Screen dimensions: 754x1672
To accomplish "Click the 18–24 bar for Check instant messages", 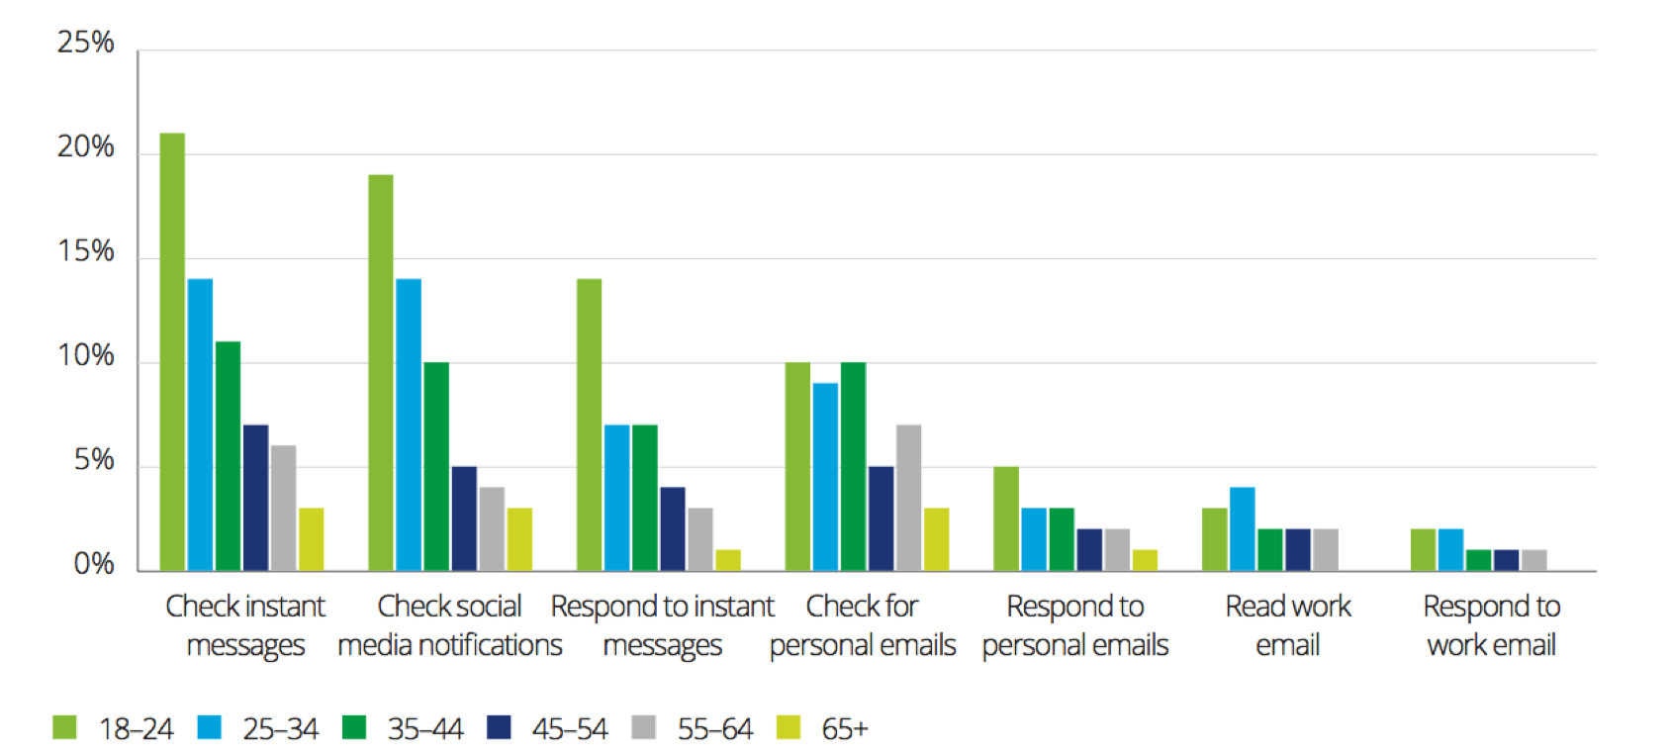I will tap(172, 351).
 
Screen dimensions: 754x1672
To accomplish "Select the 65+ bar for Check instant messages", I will tap(311, 539).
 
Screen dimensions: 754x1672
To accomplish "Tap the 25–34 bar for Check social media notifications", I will tap(409, 424).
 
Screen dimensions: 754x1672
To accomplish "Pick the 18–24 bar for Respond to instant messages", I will tap(589, 424).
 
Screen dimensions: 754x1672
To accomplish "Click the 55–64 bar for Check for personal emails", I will tap(909, 498).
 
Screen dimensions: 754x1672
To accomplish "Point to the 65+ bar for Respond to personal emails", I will tap(1145, 560).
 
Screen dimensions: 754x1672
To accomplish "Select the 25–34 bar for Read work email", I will tap(1242, 528).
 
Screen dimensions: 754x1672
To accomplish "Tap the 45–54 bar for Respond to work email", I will tap(1506, 560).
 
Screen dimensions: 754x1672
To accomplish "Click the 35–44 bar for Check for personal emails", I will tap(853, 466).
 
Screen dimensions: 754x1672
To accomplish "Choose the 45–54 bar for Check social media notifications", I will tap(464, 518).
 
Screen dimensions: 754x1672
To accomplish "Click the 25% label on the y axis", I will tap(85, 43).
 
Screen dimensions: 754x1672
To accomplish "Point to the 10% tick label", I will tap(85, 356).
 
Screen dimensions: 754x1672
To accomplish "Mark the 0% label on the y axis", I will tap(93, 565).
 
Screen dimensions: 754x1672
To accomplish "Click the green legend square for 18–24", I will tap(64, 728).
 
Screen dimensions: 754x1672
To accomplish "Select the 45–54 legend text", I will tap(570, 729).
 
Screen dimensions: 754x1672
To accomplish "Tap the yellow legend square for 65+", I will tap(789, 728).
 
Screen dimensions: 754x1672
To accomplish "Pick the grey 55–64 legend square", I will tap(643, 728).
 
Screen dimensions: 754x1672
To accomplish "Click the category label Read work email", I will tap(1287, 625).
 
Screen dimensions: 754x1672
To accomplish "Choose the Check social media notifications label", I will tap(449, 625).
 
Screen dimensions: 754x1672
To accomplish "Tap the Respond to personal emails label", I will tap(1074, 625).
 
